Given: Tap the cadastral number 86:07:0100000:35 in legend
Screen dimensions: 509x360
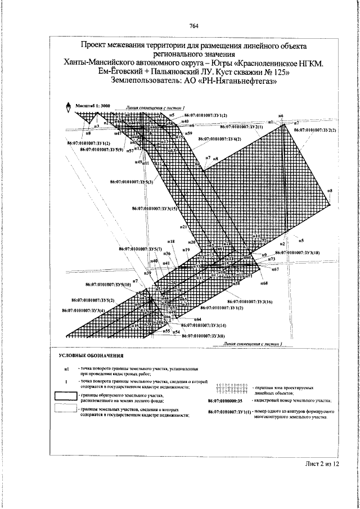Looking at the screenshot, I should click(224, 400).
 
